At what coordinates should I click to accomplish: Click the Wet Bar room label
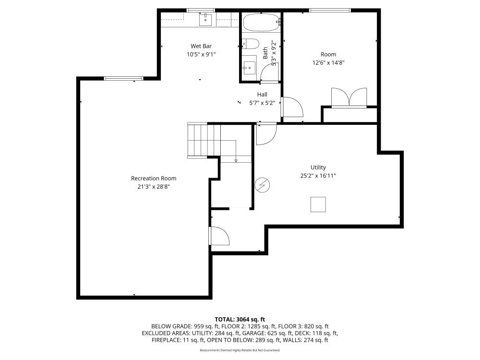click(201, 46)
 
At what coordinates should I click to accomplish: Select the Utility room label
click(318, 167)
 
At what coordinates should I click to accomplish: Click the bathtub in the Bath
click(261, 22)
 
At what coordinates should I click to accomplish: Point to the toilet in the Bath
click(250, 44)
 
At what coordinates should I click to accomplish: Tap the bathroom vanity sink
click(249, 67)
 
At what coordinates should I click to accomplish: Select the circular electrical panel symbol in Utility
click(262, 185)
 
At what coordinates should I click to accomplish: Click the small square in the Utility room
click(318, 204)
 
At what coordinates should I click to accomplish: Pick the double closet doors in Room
click(349, 97)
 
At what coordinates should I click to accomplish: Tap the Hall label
click(262, 95)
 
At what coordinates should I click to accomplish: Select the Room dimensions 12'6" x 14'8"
click(329, 62)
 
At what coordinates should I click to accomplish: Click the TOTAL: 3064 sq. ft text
click(240, 319)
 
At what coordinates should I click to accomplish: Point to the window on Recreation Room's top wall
click(123, 78)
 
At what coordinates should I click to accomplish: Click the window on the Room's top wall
click(329, 10)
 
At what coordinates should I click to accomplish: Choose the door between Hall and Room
click(291, 107)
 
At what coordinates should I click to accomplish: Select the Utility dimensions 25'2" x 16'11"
click(318, 176)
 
